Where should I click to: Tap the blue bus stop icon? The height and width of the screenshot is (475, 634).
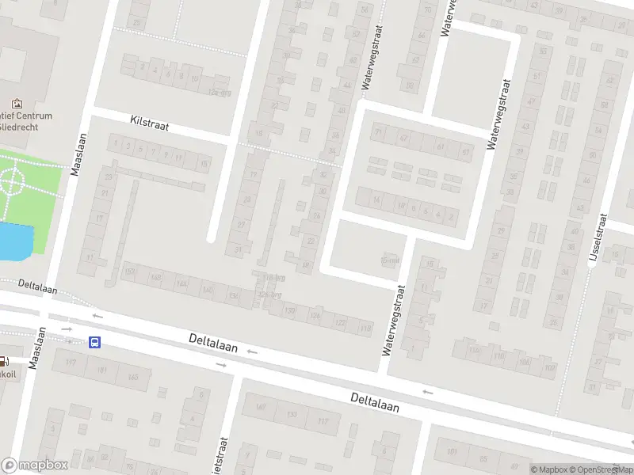point(95,343)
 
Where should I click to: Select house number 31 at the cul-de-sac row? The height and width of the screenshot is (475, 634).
point(239,250)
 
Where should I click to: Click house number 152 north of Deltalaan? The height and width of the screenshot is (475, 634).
point(131,273)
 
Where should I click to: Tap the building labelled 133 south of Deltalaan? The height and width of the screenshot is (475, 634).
point(292,414)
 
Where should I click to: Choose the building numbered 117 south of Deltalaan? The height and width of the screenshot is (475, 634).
point(323,420)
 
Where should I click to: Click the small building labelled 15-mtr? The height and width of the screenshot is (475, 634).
point(388,260)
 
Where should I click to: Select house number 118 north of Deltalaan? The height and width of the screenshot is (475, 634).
point(365,328)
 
